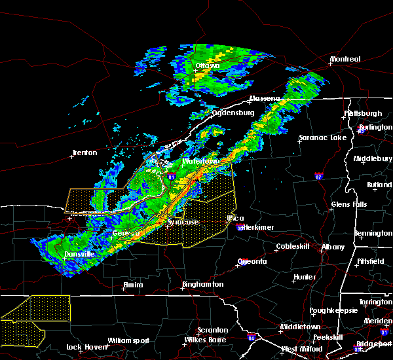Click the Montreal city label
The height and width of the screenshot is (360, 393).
point(345,60)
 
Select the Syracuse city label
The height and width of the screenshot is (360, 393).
point(183,222)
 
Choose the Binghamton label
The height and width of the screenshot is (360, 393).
point(202,285)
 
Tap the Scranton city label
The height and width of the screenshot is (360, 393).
point(213,330)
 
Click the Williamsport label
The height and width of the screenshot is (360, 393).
point(129,340)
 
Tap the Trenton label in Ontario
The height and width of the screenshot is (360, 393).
point(84,153)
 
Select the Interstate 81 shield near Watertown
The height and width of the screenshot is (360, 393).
point(172,177)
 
